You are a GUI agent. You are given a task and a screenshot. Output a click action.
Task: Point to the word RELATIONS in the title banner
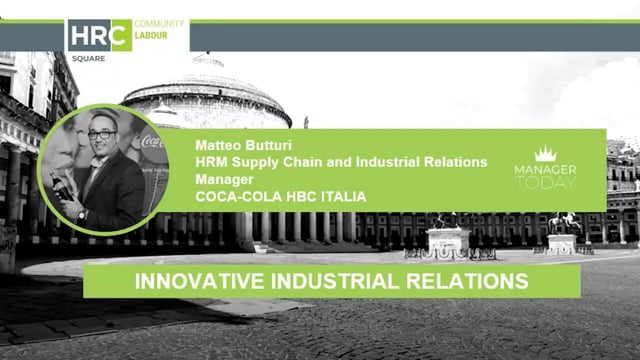click(470, 281)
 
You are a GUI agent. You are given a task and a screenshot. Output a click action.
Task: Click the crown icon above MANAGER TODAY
click(546, 154)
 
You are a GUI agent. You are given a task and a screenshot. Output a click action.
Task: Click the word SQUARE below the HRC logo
click(83, 59)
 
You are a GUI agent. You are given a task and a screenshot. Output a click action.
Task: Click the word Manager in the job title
click(224, 179)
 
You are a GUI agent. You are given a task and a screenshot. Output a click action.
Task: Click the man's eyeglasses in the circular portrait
click(102, 133)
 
